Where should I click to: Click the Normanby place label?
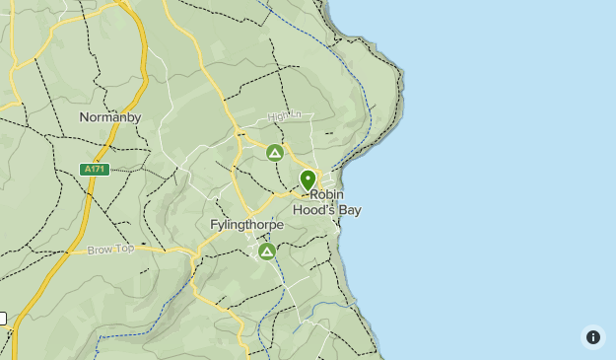tap(110, 117)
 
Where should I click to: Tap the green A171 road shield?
tap(94, 170)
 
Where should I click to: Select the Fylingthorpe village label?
tap(246, 225)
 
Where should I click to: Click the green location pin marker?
tap(308, 180)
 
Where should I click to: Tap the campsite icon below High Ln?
tap(275, 153)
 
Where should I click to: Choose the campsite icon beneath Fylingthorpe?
tap(266, 252)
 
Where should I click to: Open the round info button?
tap(592, 337)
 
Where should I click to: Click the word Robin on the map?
tap(326, 194)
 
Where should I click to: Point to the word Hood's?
tap(311, 209)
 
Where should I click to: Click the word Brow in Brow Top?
tap(100, 250)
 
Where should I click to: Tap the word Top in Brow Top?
tap(124, 249)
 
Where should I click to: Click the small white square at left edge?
tap(2, 319)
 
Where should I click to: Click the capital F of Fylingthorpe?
tap(214, 225)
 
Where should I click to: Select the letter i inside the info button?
tap(592, 337)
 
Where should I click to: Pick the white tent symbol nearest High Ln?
tap(275, 153)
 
